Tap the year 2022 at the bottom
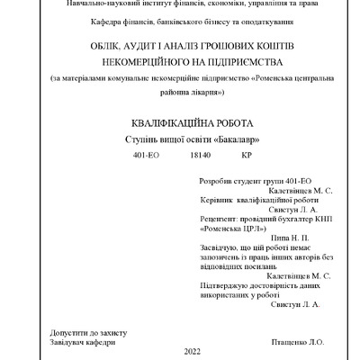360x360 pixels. (193, 351)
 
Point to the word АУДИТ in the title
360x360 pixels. (139, 46)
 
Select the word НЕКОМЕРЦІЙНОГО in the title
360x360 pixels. (133, 61)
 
